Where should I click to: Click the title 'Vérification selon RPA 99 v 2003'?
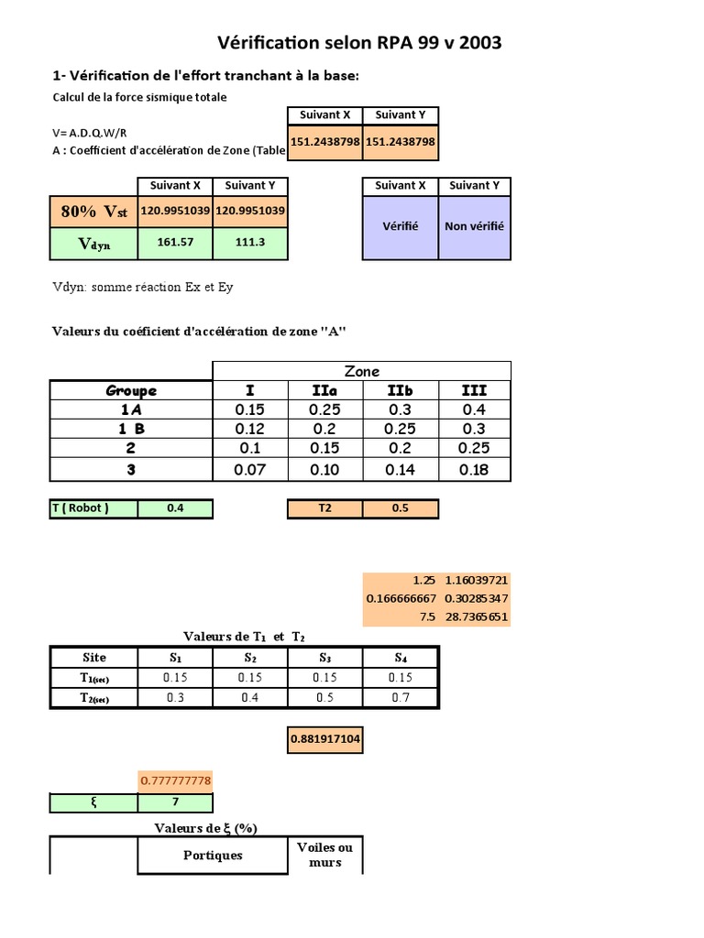coord(359,43)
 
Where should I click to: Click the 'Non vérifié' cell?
coord(474,226)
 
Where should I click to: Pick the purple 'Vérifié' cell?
coord(399,226)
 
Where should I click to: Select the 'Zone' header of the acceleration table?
coord(362,371)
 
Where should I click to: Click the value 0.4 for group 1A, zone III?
coord(474,409)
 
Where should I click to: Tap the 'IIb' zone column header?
coord(400,390)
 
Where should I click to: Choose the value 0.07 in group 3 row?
coord(250,470)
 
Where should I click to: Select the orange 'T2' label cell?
coord(325,508)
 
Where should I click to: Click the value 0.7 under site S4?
coord(401,698)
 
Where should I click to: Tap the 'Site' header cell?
coord(93,658)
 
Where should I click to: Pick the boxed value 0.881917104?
coord(325,739)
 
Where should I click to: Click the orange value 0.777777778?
coord(175,780)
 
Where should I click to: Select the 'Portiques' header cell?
coord(213,855)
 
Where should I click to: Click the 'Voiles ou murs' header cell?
coord(325,855)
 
